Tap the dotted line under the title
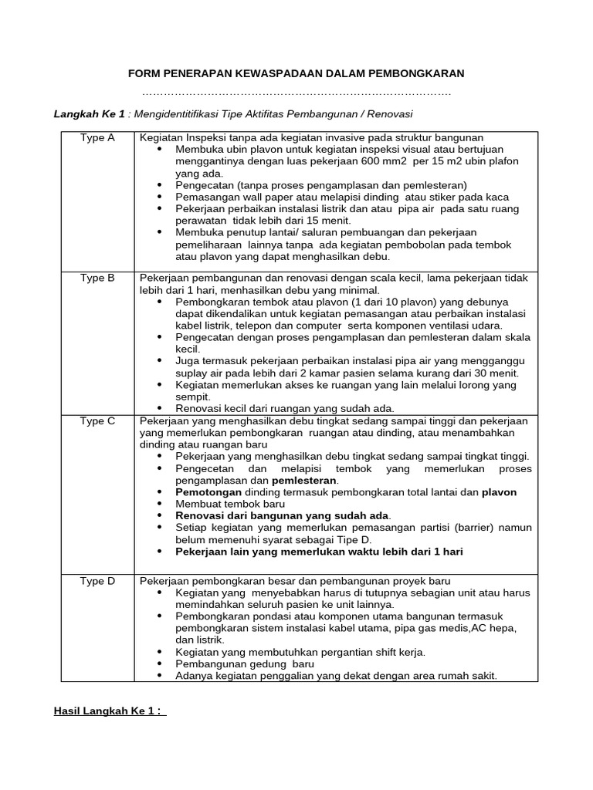pyautogui.click(x=297, y=94)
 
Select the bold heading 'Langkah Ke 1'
pyautogui.click(x=89, y=113)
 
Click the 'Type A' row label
pyautogui.click(x=97, y=138)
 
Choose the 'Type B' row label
pyautogui.click(x=97, y=278)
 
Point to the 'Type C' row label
pyautogui.click(x=97, y=421)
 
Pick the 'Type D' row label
pyautogui.click(x=97, y=581)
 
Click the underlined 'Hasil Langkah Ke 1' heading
pyautogui.click(x=109, y=711)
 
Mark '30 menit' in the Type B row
pyautogui.click(x=496, y=373)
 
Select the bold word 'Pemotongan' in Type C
pyautogui.click(x=208, y=491)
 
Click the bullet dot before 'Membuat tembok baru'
pyautogui.click(x=160, y=503)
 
